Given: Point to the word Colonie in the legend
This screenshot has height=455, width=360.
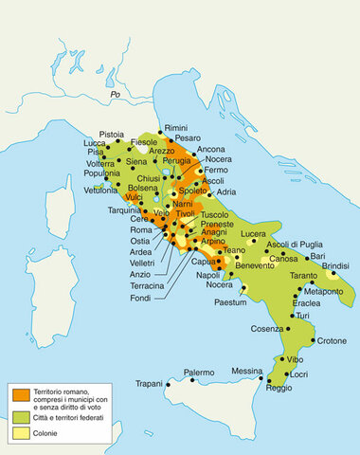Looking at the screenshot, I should tap(50, 433).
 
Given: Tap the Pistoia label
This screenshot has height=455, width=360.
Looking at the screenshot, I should tap(111, 135).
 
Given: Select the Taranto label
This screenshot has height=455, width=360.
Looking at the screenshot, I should tap(304, 275).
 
